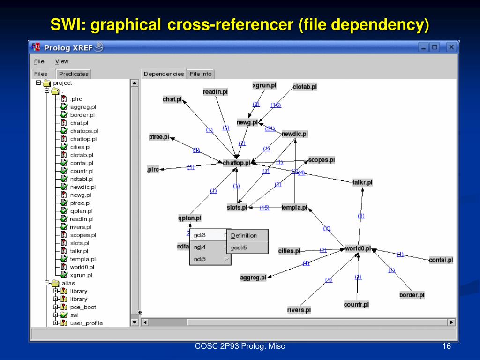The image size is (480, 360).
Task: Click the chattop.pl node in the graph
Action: click(x=237, y=163)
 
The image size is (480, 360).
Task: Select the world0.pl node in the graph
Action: click(x=358, y=248)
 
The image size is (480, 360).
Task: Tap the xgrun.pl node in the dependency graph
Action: click(x=264, y=85)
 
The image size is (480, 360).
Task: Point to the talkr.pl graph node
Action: click(x=362, y=182)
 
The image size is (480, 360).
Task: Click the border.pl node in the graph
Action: click(x=412, y=295)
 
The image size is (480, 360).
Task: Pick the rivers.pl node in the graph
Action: click(x=299, y=310)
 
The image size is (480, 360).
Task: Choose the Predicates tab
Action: click(x=74, y=74)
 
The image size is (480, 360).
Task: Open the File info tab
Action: click(x=201, y=74)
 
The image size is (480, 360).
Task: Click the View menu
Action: click(x=61, y=61)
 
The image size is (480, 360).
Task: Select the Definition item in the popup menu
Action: click(x=244, y=235)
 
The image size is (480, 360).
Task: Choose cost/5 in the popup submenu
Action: click(x=239, y=247)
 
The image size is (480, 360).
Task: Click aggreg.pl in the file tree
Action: click(x=83, y=107)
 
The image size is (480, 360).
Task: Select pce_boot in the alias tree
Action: click(x=83, y=307)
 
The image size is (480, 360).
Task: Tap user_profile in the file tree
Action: click(x=86, y=323)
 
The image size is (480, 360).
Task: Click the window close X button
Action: click(x=451, y=47)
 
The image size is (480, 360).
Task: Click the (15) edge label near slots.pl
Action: click(x=264, y=208)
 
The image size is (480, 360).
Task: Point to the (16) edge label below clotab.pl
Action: click(x=276, y=105)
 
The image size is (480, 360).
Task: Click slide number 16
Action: click(x=446, y=346)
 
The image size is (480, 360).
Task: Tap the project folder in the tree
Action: click(x=62, y=83)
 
